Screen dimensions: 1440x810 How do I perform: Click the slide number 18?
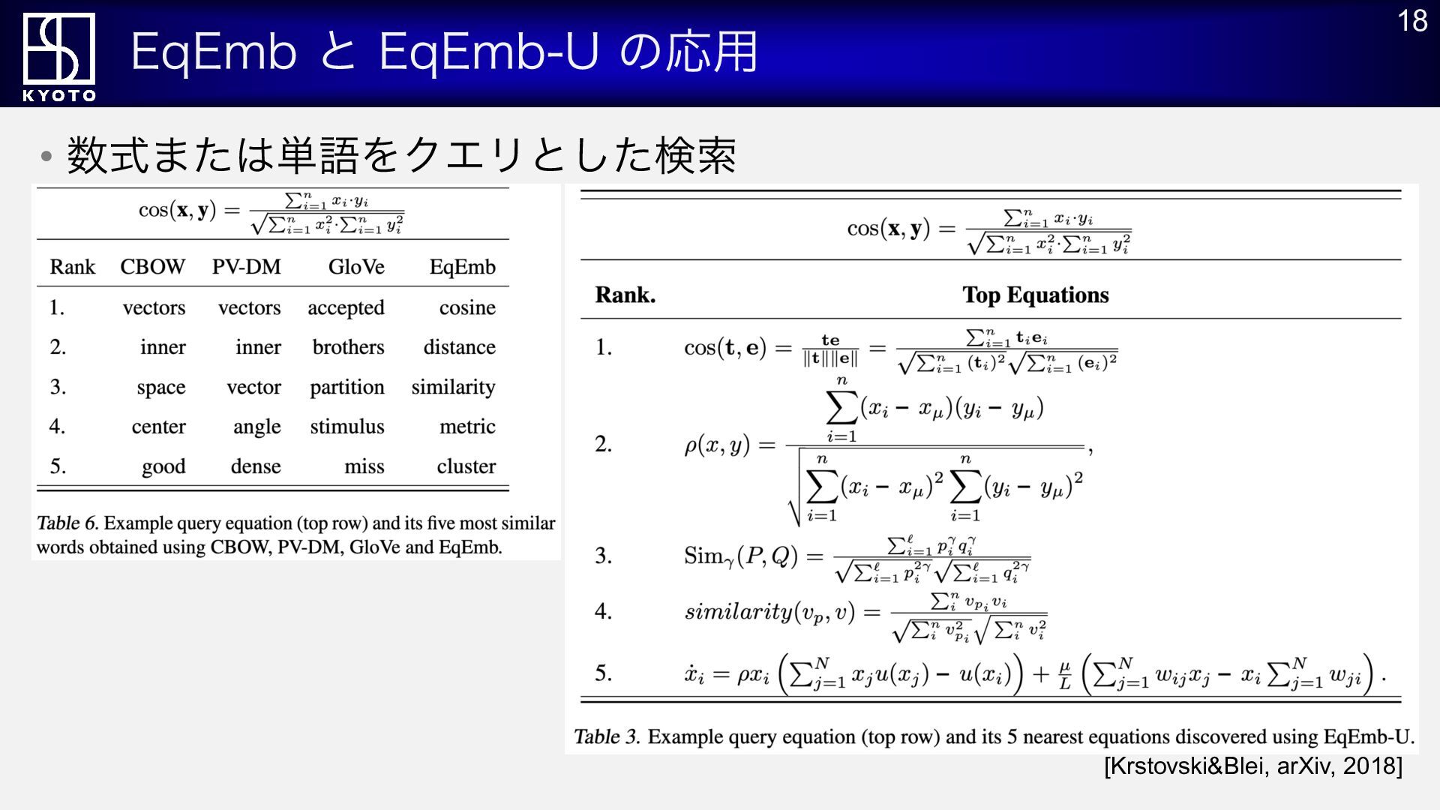[1412, 21]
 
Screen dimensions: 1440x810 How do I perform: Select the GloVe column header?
[356, 267]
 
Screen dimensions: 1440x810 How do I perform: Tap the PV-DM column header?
[246, 267]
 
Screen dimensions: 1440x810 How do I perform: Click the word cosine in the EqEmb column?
[467, 307]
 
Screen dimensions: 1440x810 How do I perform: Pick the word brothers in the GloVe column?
[348, 347]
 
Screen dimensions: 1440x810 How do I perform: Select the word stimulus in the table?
[347, 427]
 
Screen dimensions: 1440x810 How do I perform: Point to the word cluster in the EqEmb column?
[466, 466]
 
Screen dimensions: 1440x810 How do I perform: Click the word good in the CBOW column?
[163, 467]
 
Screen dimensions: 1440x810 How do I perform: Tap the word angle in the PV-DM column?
[256, 427]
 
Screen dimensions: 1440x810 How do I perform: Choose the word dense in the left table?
[256, 466]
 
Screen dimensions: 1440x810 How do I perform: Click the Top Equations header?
[1036, 295]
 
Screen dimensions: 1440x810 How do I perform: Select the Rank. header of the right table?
[625, 295]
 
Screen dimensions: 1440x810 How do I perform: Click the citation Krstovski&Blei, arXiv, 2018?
[1253, 766]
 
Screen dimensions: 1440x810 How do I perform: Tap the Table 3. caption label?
[607, 736]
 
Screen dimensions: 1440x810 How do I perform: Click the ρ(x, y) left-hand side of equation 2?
[717, 445]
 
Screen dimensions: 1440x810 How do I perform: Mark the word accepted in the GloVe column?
[346, 308]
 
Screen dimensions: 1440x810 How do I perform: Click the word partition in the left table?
[347, 388]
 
